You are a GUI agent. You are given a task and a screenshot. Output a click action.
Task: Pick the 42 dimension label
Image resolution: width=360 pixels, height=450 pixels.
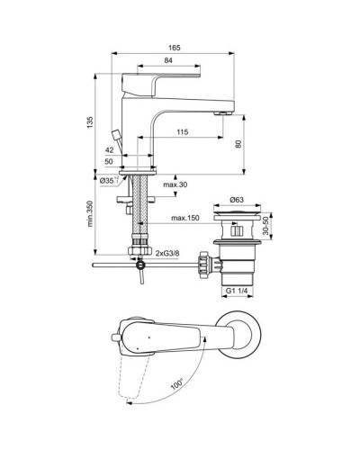pyautogui.click(x=109, y=150)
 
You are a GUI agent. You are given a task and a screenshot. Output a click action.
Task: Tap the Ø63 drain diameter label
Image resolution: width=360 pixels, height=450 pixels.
pyautogui.click(x=237, y=198)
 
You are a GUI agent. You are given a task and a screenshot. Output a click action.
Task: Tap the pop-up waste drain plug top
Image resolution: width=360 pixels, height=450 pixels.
pyautogui.click(x=238, y=216)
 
